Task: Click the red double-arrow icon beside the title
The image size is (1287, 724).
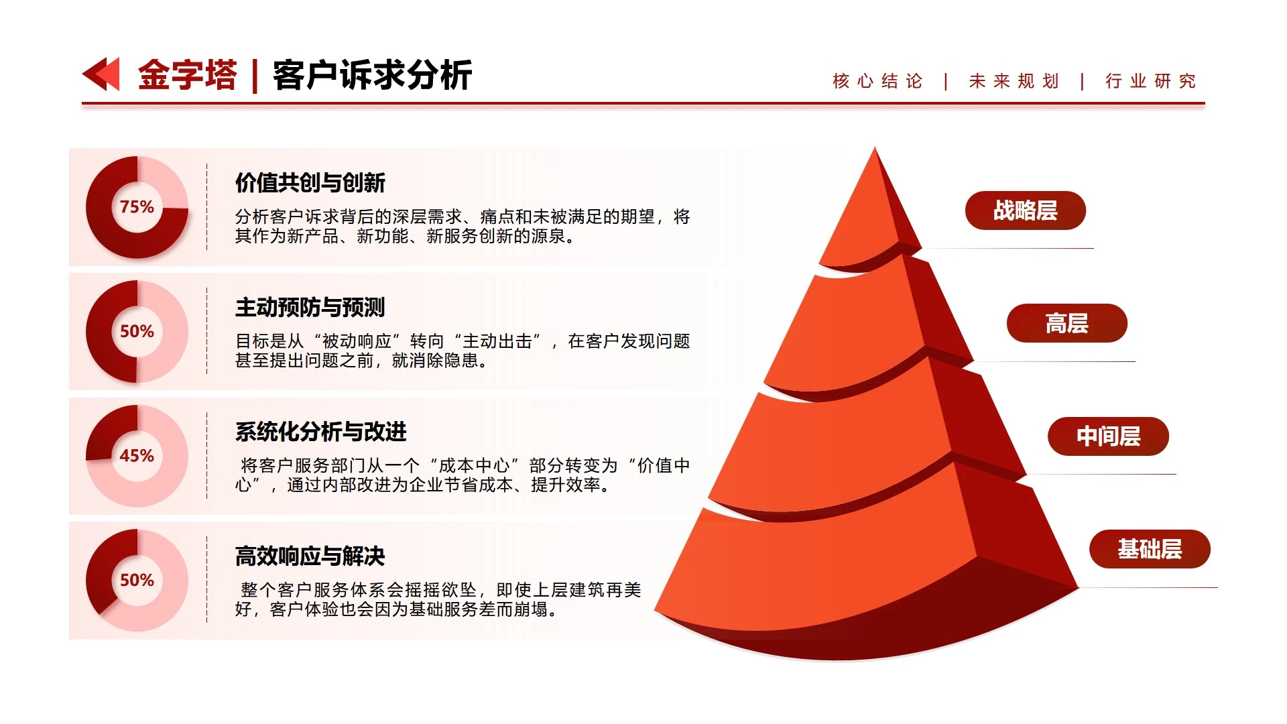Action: click(101, 74)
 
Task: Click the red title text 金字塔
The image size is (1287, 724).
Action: click(187, 74)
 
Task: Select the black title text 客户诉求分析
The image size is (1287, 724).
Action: click(372, 74)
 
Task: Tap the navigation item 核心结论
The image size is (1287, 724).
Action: click(877, 81)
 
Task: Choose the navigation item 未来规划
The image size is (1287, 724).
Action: click(1014, 81)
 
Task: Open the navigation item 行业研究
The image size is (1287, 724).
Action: click(1150, 81)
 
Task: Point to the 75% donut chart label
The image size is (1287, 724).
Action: click(137, 207)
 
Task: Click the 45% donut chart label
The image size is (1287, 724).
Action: click(137, 456)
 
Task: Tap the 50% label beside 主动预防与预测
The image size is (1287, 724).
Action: click(137, 331)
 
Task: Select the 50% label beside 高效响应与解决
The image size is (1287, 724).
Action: click(137, 580)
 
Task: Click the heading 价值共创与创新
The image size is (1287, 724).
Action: click(310, 182)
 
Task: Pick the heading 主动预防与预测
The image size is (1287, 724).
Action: click(310, 307)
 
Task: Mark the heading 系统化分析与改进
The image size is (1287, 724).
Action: click(320, 432)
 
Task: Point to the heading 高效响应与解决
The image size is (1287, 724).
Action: click(310, 556)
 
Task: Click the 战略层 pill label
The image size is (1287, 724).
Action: click(1025, 210)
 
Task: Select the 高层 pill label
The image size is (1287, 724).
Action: click(1066, 323)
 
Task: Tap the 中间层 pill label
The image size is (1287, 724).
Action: click(1108, 436)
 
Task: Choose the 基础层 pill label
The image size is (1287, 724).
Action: click(1150, 549)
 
